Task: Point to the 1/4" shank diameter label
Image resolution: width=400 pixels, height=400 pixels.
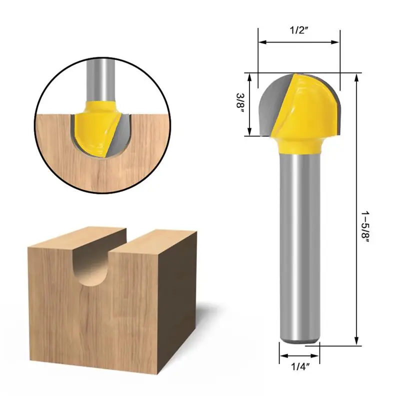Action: pos(298,367)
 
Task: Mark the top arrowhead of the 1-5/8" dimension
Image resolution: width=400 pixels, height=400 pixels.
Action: pos(356,76)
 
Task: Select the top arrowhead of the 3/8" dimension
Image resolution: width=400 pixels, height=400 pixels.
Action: pos(249,76)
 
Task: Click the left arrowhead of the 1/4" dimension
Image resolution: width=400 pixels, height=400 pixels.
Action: pos(281,356)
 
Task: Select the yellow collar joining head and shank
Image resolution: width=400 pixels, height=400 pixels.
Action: pos(298,146)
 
